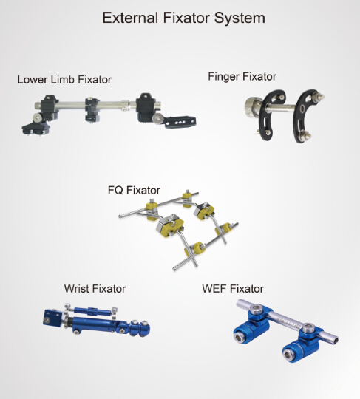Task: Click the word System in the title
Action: (240, 18)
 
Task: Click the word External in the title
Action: (130, 18)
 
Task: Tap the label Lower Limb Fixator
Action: (64, 80)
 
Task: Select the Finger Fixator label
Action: (242, 77)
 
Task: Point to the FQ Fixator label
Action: (134, 190)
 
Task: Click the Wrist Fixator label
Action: (95, 289)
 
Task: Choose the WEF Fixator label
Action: (233, 289)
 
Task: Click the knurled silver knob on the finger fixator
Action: (253, 107)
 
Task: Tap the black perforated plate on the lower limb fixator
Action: (180, 122)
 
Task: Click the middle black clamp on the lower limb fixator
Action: (92, 109)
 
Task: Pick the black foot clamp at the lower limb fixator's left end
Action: (35, 128)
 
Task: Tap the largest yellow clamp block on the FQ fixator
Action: (169, 226)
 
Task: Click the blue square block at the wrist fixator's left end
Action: (52, 318)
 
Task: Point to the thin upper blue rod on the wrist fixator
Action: (92, 311)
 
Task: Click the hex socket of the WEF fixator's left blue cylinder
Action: (239, 338)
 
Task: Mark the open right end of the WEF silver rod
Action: (336, 340)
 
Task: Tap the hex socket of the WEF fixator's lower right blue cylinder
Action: (288, 353)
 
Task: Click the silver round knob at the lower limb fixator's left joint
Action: (38, 117)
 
